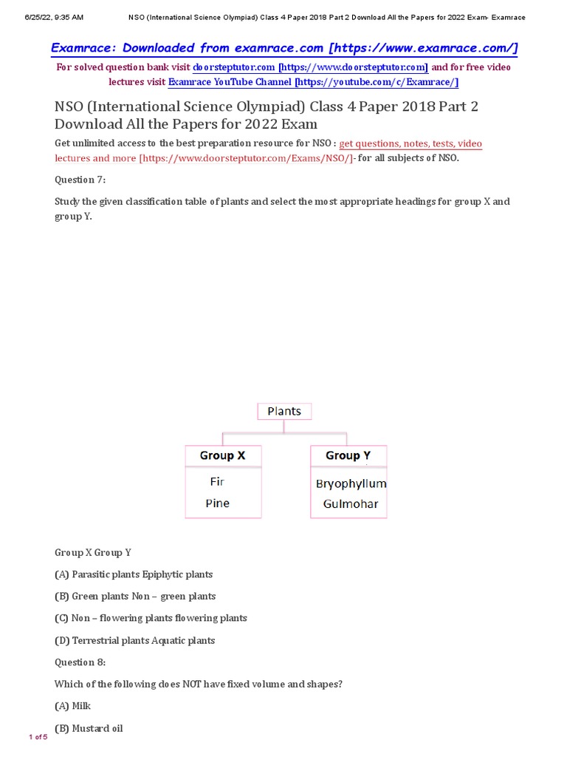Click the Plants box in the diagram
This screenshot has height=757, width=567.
tap(284, 411)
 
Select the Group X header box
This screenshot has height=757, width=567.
tap(222, 455)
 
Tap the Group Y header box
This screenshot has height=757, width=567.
tap(348, 455)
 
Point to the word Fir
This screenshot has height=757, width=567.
tap(217, 481)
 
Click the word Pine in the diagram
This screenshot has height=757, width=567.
tap(218, 503)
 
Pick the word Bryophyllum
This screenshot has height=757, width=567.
tap(351, 484)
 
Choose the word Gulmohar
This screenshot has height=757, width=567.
tap(351, 504)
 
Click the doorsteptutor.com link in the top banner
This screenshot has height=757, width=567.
tap(310, 67)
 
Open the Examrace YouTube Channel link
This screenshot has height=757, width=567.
tap(313, 82)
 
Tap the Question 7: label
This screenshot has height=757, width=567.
tap(80, 180)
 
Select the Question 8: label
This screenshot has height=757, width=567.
tap(80, 662)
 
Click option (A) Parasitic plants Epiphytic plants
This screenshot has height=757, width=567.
tap(134, 574)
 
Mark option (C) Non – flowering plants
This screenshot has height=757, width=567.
tap(151, 618)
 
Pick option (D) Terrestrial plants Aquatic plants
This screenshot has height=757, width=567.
tap(134, 640)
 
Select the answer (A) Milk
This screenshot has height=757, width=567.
tap(72, 706)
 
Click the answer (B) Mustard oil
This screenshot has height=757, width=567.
tap(89, 728)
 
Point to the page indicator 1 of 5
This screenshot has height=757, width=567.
tap(38, 737)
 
